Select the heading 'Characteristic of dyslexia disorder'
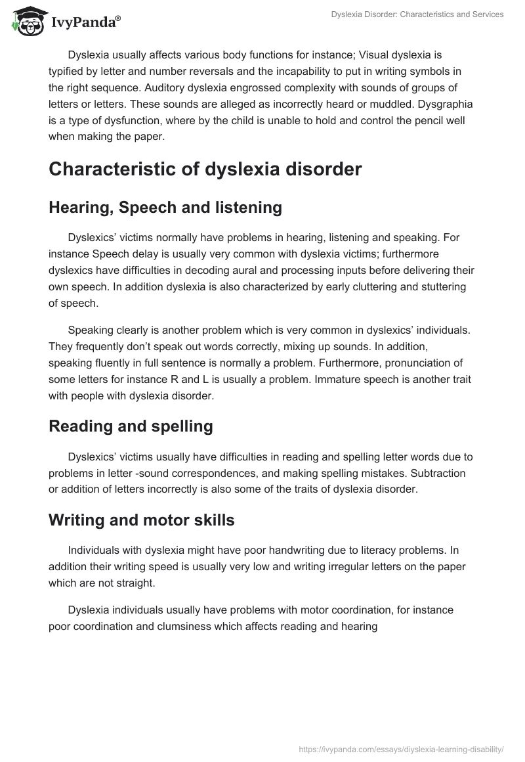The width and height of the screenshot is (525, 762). tap(205, 169)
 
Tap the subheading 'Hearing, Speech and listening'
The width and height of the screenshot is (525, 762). tap(165, 208)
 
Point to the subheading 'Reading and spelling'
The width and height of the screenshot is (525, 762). tap(131, 426)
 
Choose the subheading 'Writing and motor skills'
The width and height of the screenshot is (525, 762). tap(141, 521)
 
